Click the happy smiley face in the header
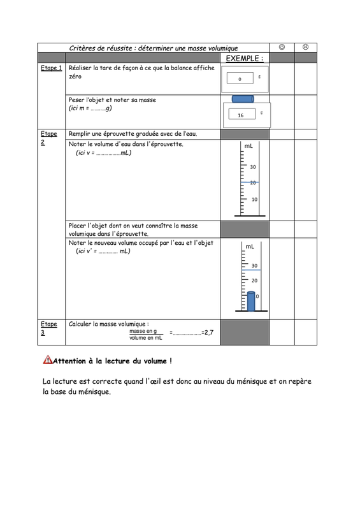click(282, 47)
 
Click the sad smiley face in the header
click(305, 47)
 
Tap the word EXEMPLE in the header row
click(242, 59)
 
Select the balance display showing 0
click(240, 78)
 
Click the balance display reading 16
click(242, 114)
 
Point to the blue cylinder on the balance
click(243, 99)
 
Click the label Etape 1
click(52, 68)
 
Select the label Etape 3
click(49, 328)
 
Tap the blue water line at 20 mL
click(250, 182)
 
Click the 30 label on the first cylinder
click(253, 167)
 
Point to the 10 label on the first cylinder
click(254, 200)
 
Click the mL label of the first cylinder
click(248, 146)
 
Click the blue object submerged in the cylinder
click(251, 301)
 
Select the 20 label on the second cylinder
click(254, 280)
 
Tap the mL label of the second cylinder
click(250, 247)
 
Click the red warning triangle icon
click(48, 360)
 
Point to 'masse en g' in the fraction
click(143, 331)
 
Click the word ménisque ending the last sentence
click(95, 391)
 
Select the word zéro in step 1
click(75, 76)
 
